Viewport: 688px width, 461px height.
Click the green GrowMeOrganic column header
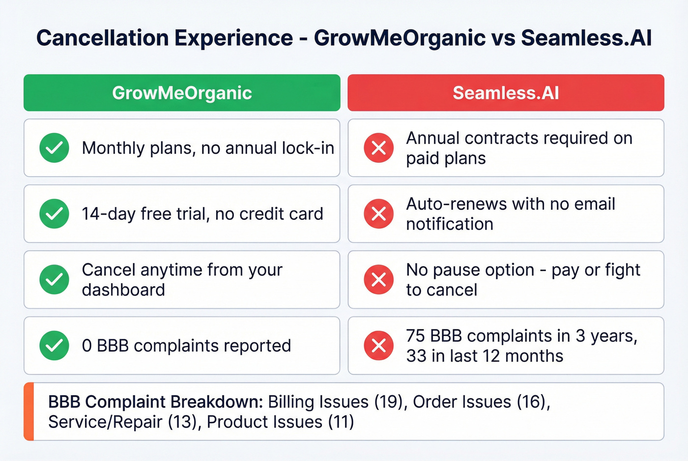[182, 93]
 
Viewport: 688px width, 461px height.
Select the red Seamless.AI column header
[506, 93]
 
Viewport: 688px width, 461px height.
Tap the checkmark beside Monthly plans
[54, 148]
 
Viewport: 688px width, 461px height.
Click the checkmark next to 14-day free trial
[54, 214]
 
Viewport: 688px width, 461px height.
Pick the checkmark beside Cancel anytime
[54, 279]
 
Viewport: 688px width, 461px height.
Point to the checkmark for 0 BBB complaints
[54, 346]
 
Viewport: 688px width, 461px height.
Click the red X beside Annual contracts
[378, 148]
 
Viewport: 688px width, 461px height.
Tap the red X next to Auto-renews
[378, 214]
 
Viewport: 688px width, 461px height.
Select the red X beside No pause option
[378, 279]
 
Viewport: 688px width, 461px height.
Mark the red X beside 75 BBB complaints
[378, 346]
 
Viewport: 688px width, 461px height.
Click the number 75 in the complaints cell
[415, 336]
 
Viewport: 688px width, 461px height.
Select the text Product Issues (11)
[280, 422]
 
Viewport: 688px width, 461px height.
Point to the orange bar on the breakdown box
[29, 411]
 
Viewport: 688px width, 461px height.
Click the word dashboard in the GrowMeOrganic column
[123, 290]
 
